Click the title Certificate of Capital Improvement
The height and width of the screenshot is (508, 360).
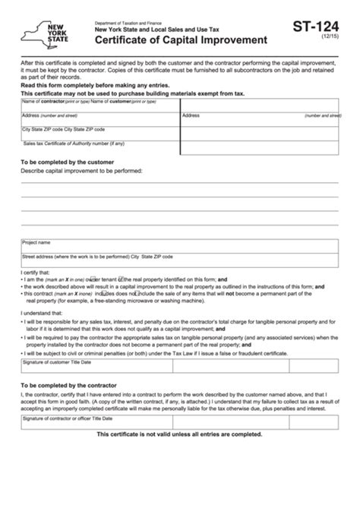coord(182,39)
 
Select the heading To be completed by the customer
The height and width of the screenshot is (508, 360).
coord(67,162)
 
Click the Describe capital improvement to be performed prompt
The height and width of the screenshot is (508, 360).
coord(82,172)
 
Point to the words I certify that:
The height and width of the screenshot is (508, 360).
coord(33,272)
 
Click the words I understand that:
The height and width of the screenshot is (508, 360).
coord(39,313)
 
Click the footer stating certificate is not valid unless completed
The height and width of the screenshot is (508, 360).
coord(179,434)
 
